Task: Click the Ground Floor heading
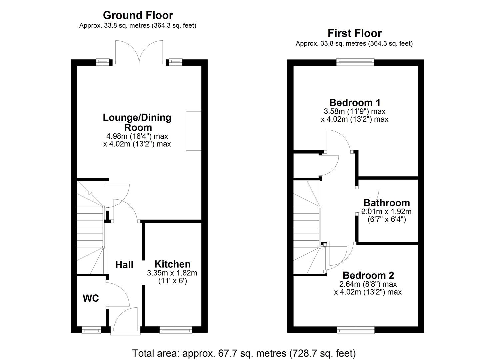(138, 15)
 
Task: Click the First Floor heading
(354, 33)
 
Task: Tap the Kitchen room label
(172, 264)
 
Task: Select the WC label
(91, 298)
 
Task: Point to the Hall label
(124, 265)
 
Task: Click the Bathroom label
(386, 203)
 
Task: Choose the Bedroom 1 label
(355, 102)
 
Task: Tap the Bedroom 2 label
(368, 275)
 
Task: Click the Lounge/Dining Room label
(137, 122)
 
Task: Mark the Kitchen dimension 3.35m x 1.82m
(172, 273)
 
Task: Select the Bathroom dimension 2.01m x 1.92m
(386, 212)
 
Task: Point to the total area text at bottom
(244, 353)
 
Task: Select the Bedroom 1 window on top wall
(355, 62)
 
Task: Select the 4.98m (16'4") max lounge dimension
(137, 136)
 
